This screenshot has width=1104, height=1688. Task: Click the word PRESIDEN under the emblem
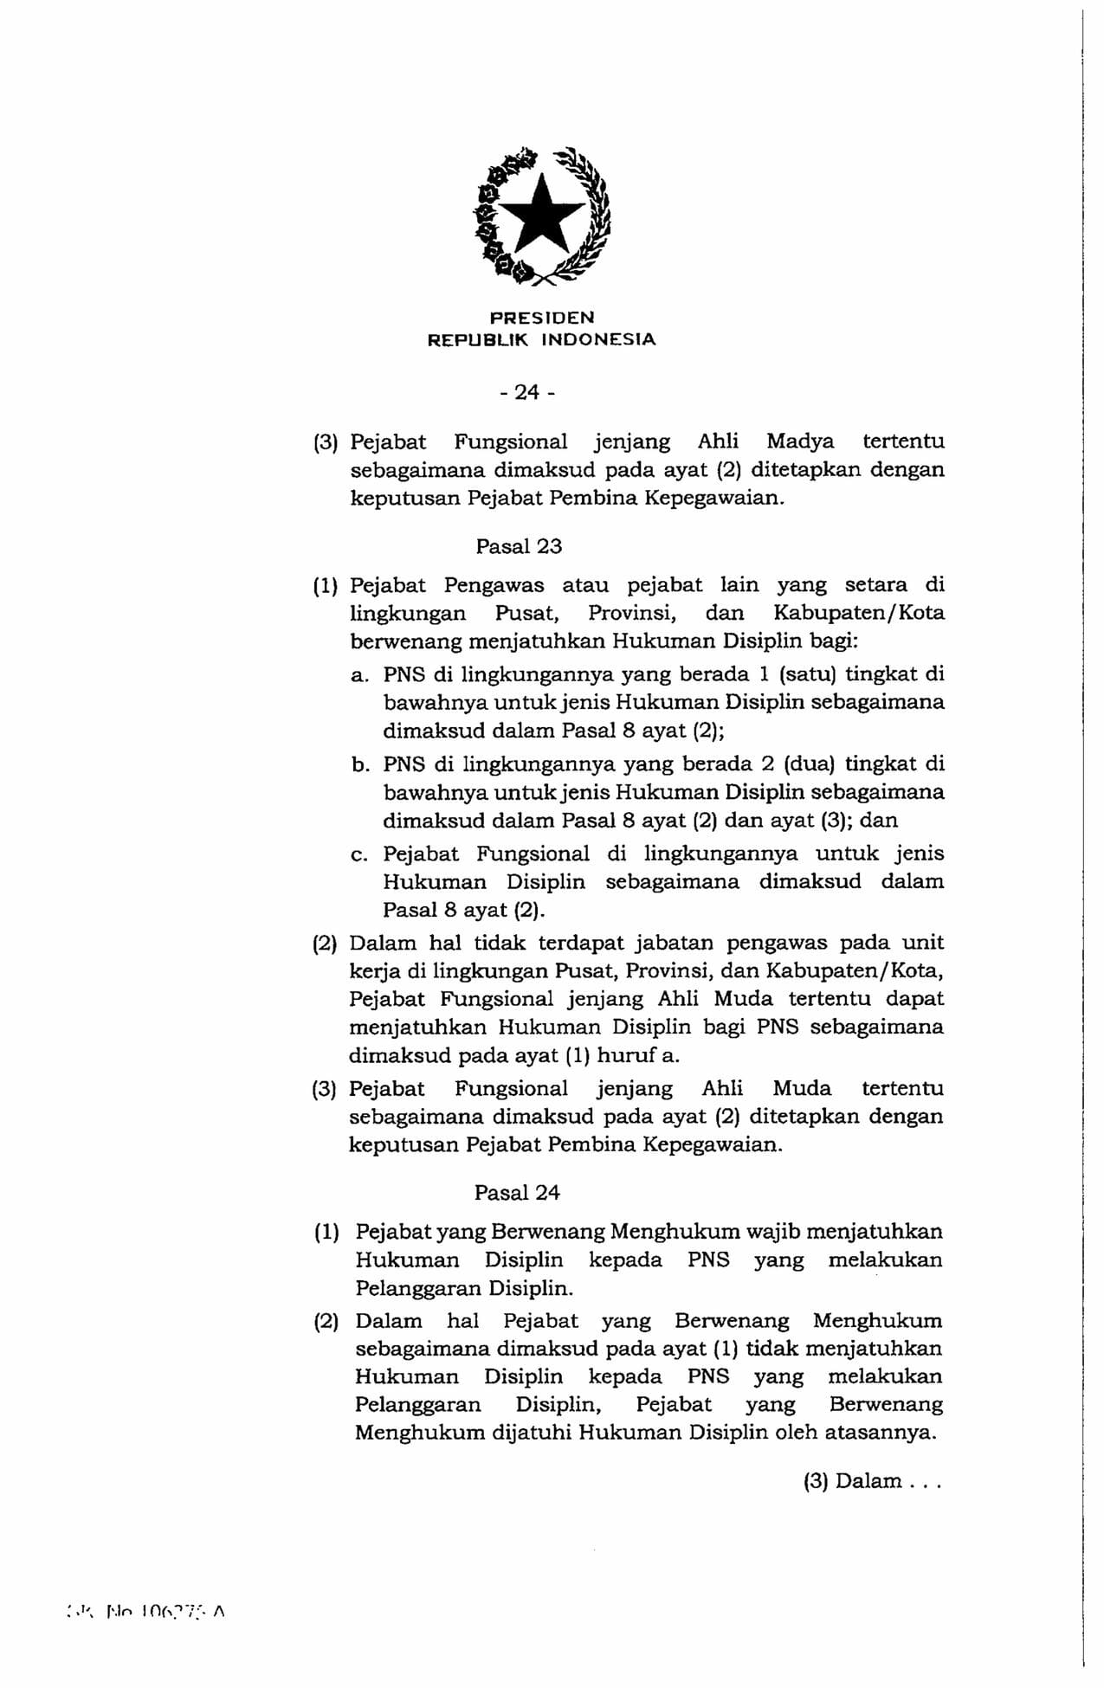pyautogui.click(x=542, y=318)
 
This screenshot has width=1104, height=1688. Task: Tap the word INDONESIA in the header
pyautogui.click(x=598, y=340)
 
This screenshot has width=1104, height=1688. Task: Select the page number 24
pyautogui.click(x=526, y=392)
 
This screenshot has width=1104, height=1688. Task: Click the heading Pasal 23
pyautogui.click(x=519, y=546)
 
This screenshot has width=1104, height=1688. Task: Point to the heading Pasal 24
pyautogui.click(x=517, y=1193)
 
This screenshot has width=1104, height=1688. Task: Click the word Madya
pyautogui.click(x=800, y=441)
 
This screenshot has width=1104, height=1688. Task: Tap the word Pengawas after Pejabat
pyautogui.click(x=494, y=585)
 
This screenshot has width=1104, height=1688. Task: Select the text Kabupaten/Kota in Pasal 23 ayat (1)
pyautogui.click(x=858, y=613)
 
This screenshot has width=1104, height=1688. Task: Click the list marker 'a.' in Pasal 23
pyautogui.click(x=360, y=675)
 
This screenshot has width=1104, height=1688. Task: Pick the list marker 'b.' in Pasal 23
pyautogui.click(x=360, y=765)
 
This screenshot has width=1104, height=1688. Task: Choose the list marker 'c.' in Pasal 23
pyautogui.click(x=360, y=855)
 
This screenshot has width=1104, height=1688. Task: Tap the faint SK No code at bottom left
pyautogui.click(x=145, y=1612)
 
